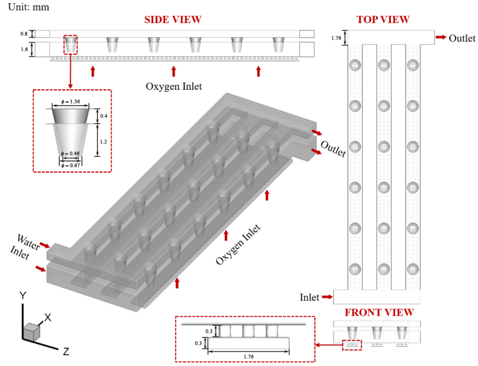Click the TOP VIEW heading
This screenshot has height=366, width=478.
click(x=383, y=19)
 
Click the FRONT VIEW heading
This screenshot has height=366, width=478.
click(x=379, y=313)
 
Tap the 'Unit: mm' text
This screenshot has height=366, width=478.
click(x=26, y=7)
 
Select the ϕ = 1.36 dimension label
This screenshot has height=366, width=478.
click(x=71, y=101)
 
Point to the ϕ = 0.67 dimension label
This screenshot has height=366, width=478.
click(x=71, y=165)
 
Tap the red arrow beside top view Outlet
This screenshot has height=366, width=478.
click(x=441, y=38)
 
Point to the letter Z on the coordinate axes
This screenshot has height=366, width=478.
click(x=66, y=352)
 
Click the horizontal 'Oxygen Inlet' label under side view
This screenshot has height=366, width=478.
click(x=173, y=86)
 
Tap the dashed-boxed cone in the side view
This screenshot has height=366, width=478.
click(x=71, y=45)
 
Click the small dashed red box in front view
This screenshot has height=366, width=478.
click(x=352, y=344)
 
